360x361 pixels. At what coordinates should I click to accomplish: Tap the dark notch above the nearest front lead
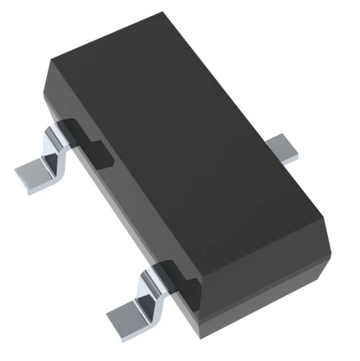click(x=169, y=271)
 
